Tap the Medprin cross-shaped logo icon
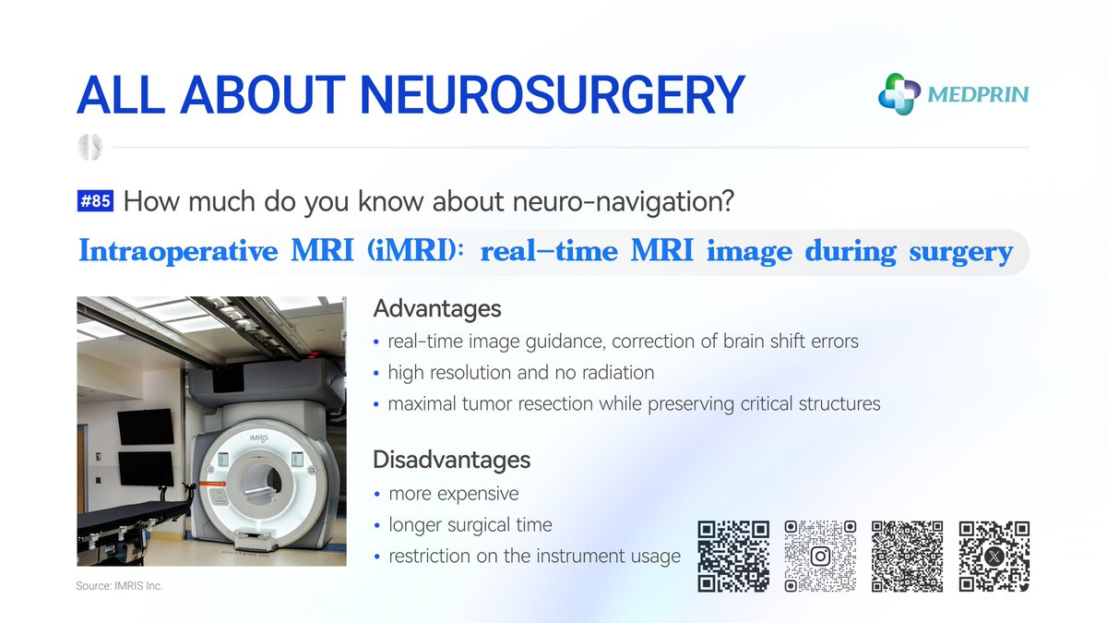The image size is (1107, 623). pos(899,94)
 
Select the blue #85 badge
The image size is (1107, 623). pos(96,201)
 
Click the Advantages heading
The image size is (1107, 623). pos(436,308)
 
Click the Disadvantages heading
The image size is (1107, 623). pos(451,459)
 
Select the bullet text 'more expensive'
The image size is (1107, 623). pos(453,493)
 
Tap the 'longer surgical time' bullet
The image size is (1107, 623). pos(470,525)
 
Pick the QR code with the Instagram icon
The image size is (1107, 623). pos(820,556)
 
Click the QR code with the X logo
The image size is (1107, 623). pos(994,556)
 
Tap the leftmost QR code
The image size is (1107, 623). pos(733,556)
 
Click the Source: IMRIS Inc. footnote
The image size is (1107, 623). pos(119,586)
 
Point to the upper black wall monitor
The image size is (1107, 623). pos(145,425)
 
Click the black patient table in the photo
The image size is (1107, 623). pos(129,517)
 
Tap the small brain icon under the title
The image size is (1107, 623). pos(90,147)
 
